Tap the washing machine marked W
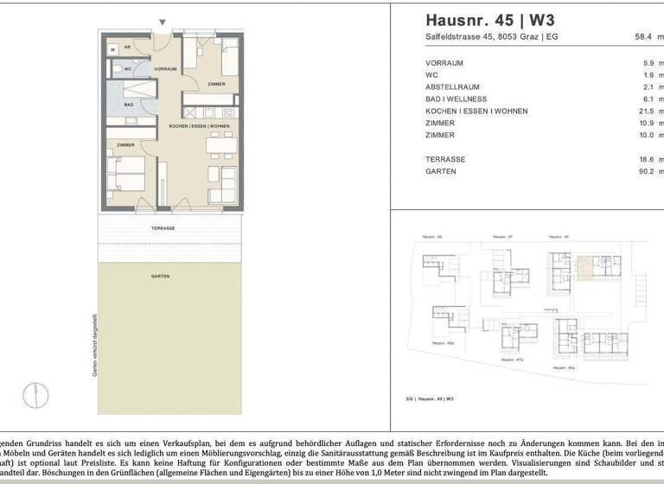click(x=113, y=50)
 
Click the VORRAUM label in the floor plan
click(x=165, y=68)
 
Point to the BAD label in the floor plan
click(x=127, y=105)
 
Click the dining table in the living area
click(x=219, y=145)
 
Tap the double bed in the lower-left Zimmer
click(x=126, y=175)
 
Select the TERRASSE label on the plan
click(x=163, y=227)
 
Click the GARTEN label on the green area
click(x=160, y=277)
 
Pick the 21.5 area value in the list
click(x=646, y=111)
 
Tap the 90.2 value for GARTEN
click(x=646, y=171)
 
